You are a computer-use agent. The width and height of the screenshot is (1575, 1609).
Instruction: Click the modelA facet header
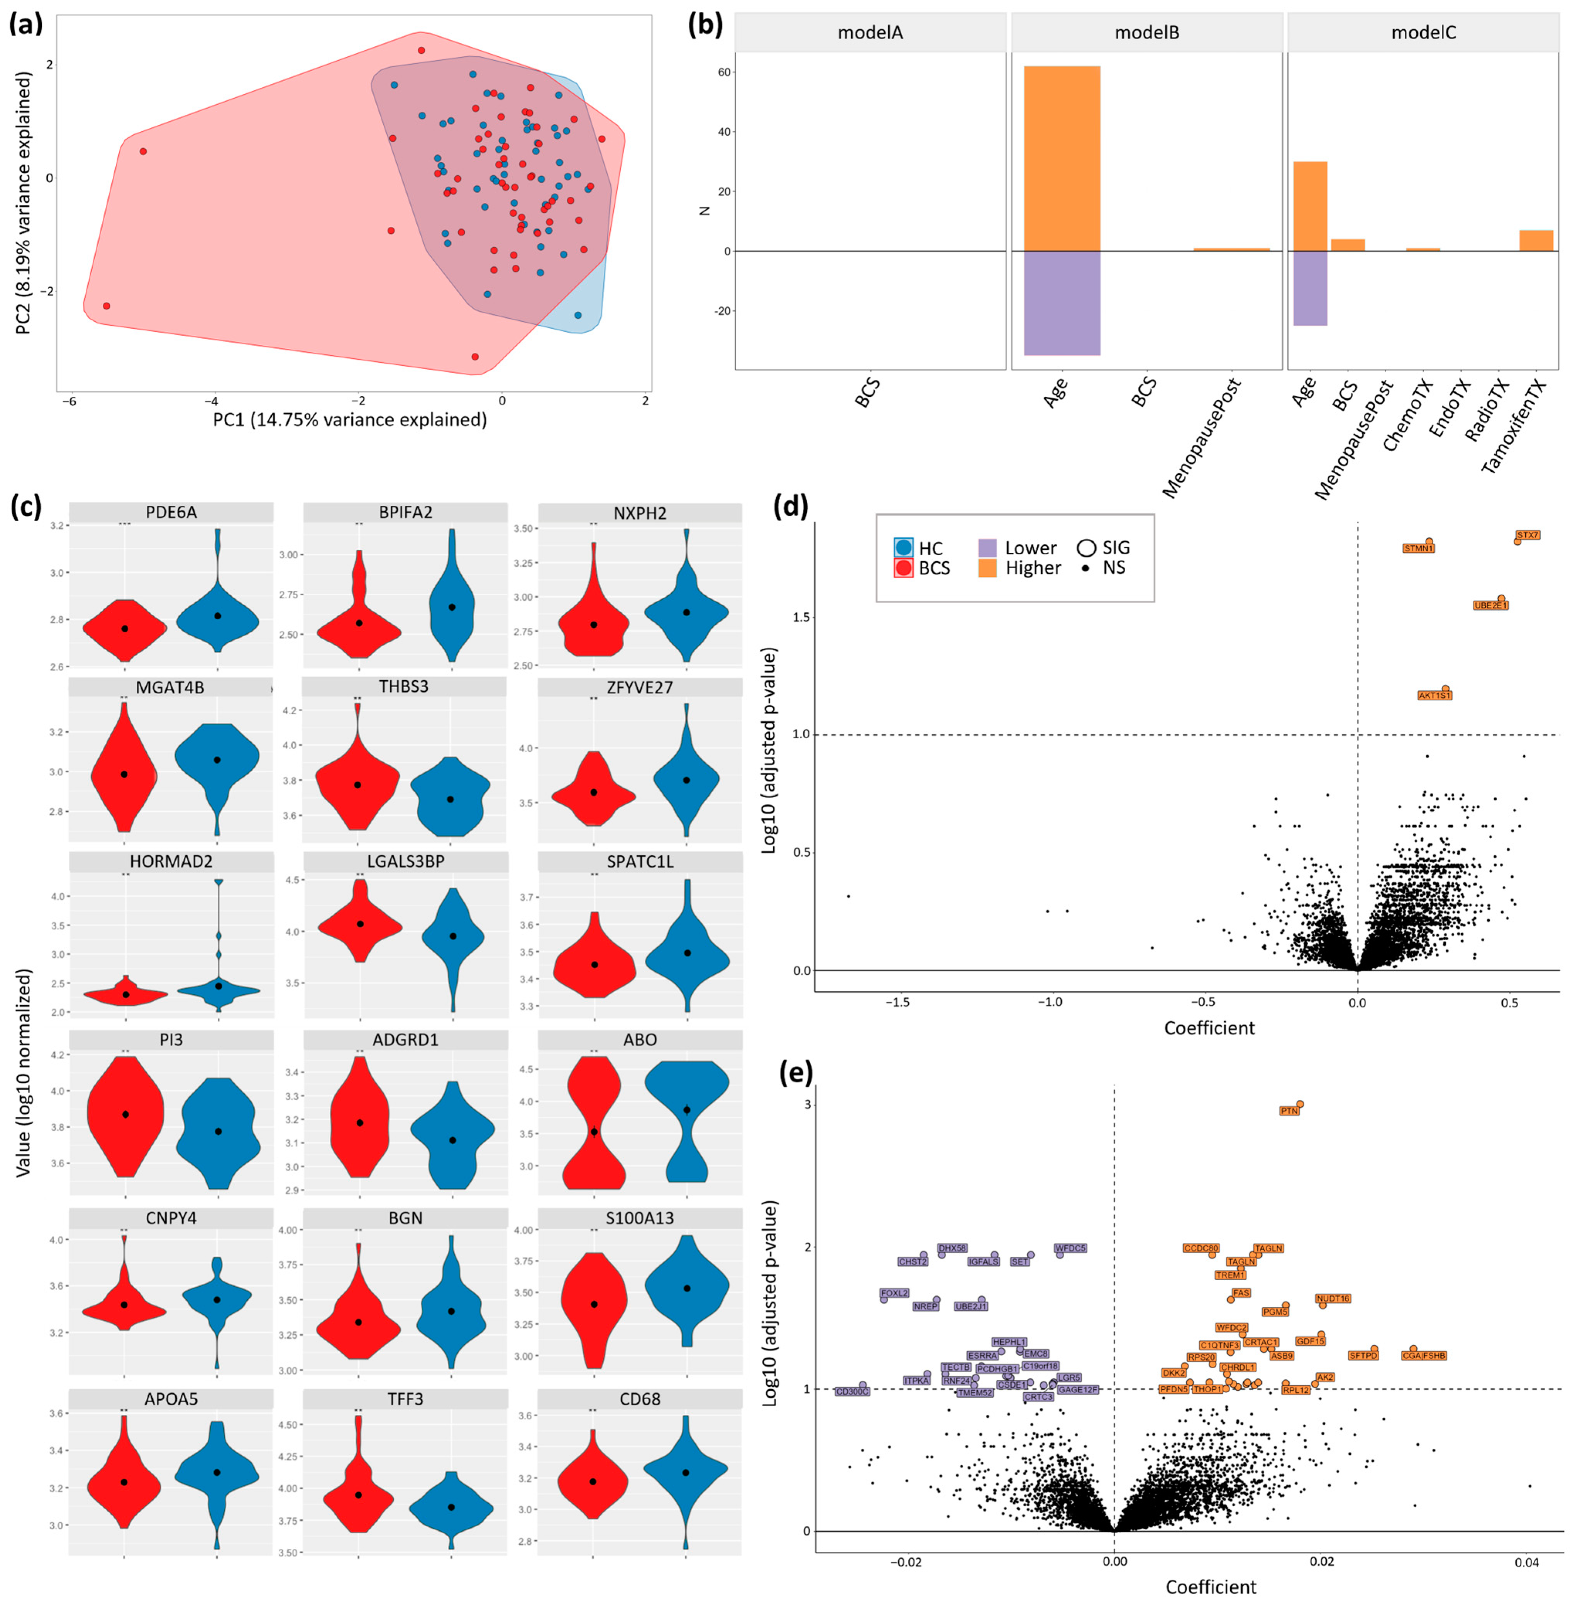click(870, 33)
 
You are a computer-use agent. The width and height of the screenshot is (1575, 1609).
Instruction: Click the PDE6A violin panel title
click(171, 512)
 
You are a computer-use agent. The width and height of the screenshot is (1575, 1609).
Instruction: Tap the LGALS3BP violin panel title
click(405, 861)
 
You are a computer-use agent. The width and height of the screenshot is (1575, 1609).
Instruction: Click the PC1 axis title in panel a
click(350, 420)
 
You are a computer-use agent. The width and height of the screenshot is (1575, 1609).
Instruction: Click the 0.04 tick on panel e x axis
click(1527, 1563)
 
